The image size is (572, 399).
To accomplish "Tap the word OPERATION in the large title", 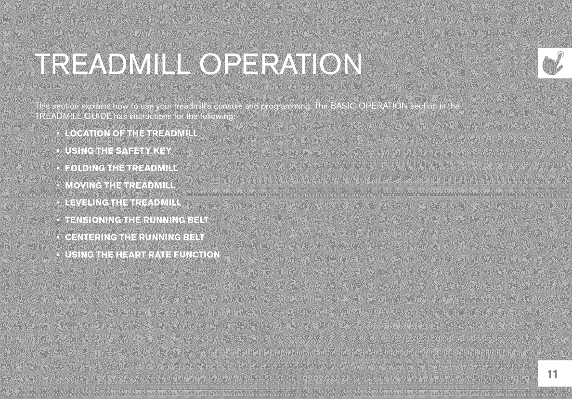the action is point(281,64).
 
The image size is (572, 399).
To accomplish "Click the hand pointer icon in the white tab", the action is point(554,62).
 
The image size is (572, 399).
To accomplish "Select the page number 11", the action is point(552,374).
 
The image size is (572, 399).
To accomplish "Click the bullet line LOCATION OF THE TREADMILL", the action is point(131,133).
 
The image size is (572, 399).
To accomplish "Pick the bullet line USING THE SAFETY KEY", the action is point(118,151).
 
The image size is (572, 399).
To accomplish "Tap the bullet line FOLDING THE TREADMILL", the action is point(121,168).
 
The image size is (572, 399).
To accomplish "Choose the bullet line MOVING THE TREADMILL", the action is point(120,186).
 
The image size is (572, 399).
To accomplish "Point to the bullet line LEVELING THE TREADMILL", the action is point(123,202).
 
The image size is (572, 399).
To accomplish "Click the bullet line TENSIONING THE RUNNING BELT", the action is point(137,220).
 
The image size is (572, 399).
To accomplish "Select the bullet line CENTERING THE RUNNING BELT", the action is point(135,237).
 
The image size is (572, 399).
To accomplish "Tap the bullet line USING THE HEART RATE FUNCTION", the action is point(142,254).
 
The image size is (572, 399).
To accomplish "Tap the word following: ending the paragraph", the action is point(218,117).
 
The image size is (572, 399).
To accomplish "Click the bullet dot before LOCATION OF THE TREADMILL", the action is point(58,133).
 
